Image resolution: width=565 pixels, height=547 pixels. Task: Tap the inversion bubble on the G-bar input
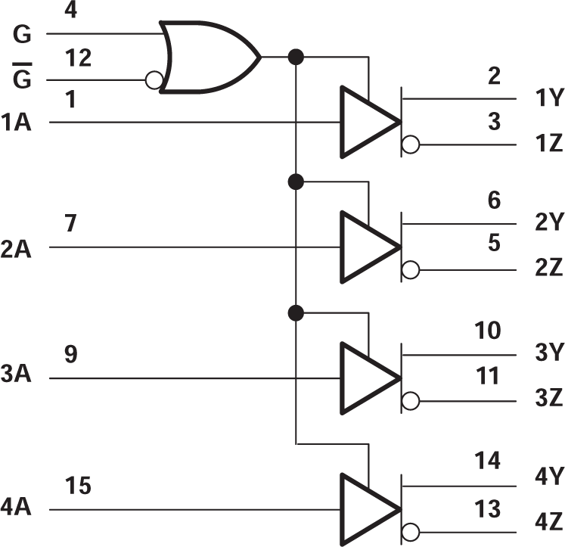click(x=154, y=80)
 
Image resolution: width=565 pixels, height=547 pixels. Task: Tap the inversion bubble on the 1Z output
click(x=411, y=145)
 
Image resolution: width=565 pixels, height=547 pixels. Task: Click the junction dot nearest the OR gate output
click(x=296, y=56)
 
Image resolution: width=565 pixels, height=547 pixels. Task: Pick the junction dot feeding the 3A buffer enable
click(x=296, y=312)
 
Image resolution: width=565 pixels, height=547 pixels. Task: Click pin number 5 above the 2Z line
click(x=493, y=244)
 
